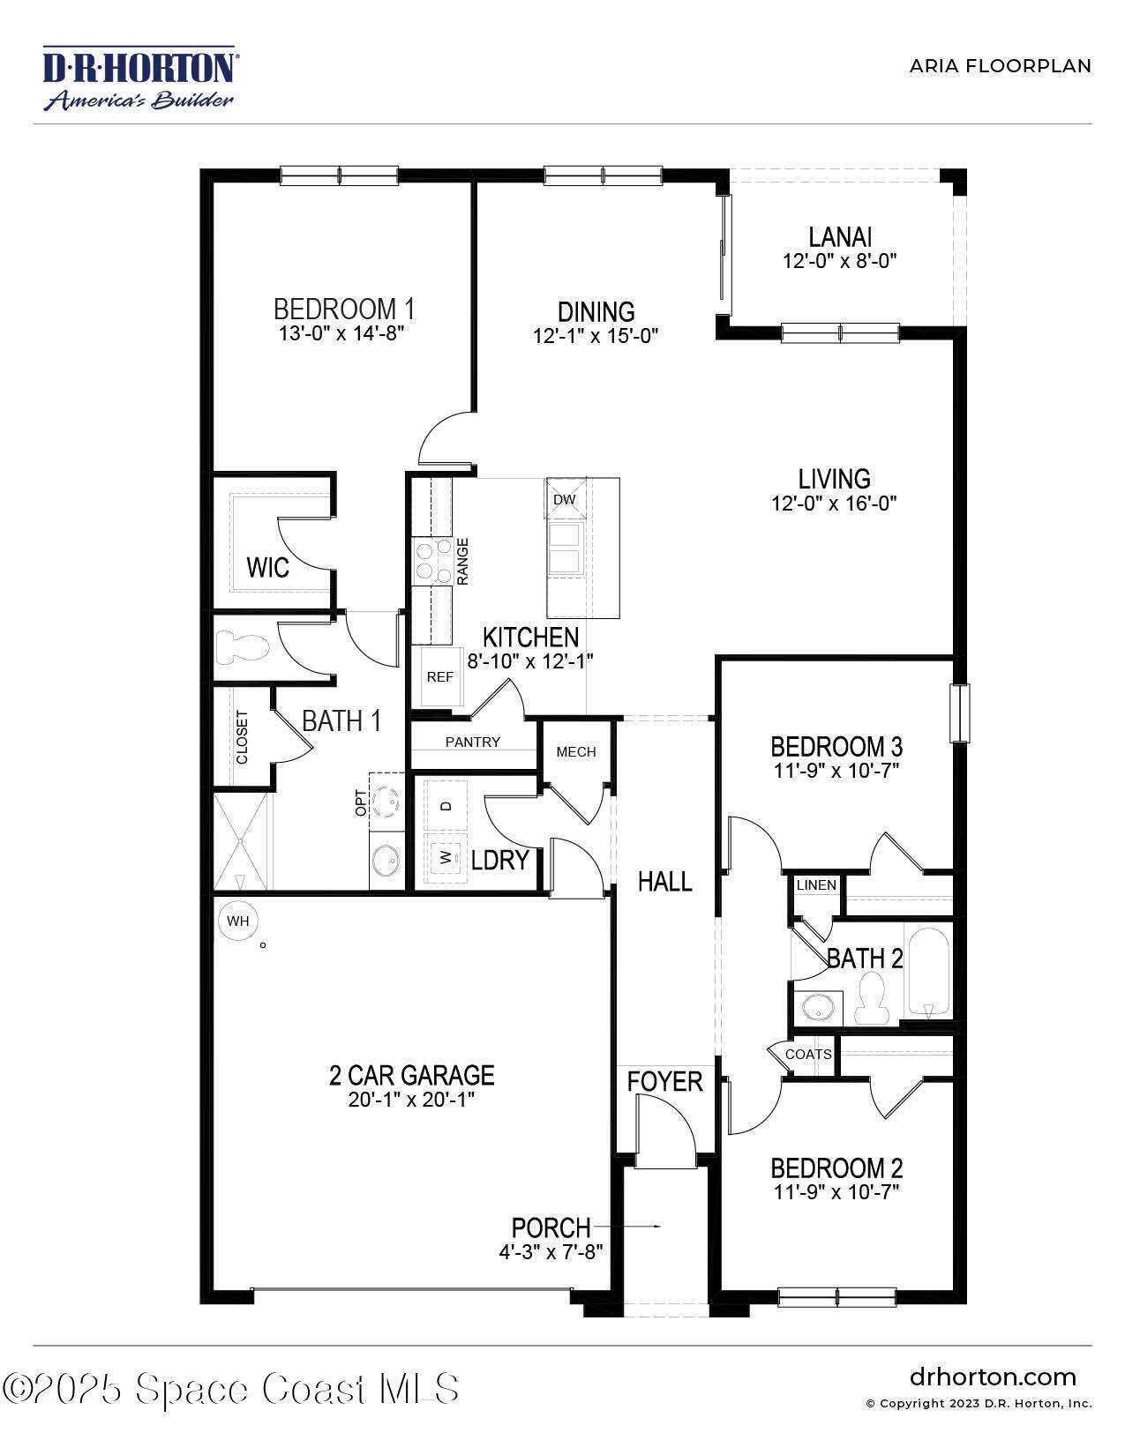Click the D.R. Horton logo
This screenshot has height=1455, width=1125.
point(139,78)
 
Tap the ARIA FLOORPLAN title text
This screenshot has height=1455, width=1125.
point(1000,66)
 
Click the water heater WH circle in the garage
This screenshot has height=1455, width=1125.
point(238,921)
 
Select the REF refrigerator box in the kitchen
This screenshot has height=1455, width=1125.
point(439,676)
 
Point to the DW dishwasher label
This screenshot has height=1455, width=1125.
point(564,500)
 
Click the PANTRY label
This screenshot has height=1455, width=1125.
point(473,742)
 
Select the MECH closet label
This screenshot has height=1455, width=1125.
point(576,752)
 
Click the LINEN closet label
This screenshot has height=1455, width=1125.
point(816,884)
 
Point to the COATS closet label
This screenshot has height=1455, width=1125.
point(808,1055)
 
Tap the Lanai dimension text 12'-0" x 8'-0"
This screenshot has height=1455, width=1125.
point(840,262)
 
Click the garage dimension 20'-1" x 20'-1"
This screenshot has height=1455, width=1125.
point(412,1100)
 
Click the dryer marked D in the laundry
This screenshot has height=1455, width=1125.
point(446,805)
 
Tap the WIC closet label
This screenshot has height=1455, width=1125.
point(267,567)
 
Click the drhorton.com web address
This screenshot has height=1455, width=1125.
point(993,1377)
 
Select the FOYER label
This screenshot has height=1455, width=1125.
point(664,1081)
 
